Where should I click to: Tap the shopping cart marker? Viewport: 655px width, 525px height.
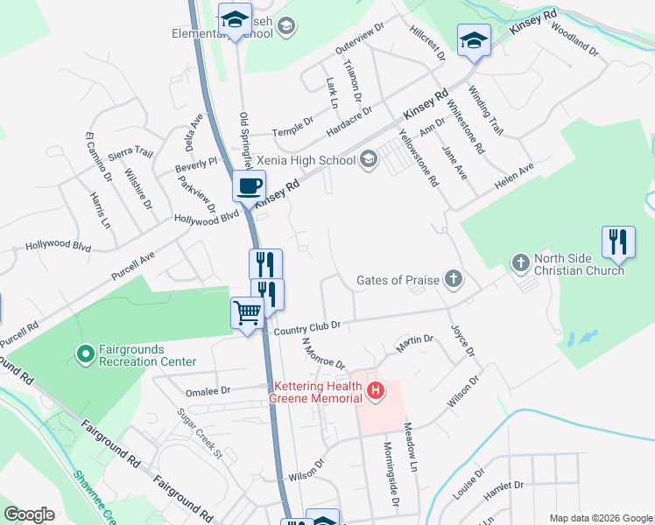pos(248,312)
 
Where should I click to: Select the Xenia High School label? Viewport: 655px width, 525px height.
pos(306,160)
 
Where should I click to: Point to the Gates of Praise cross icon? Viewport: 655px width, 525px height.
pos(453,280)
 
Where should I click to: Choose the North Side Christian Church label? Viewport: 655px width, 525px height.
pos(581,264)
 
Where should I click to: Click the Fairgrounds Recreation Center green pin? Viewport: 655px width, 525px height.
pos(86,354)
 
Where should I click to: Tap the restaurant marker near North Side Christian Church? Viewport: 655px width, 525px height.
pos(618,242)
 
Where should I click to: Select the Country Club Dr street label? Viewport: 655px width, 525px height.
pos(306,327)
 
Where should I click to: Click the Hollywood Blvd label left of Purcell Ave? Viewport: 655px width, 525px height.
pos(59,248)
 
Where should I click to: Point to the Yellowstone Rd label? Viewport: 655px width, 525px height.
pos(419,158)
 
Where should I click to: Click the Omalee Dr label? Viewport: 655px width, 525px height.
pos(207,391)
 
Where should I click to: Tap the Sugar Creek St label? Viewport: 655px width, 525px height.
pos(201,433)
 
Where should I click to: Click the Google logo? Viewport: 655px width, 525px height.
pos(29,514)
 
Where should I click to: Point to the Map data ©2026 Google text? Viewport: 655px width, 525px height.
pos(601,518)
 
